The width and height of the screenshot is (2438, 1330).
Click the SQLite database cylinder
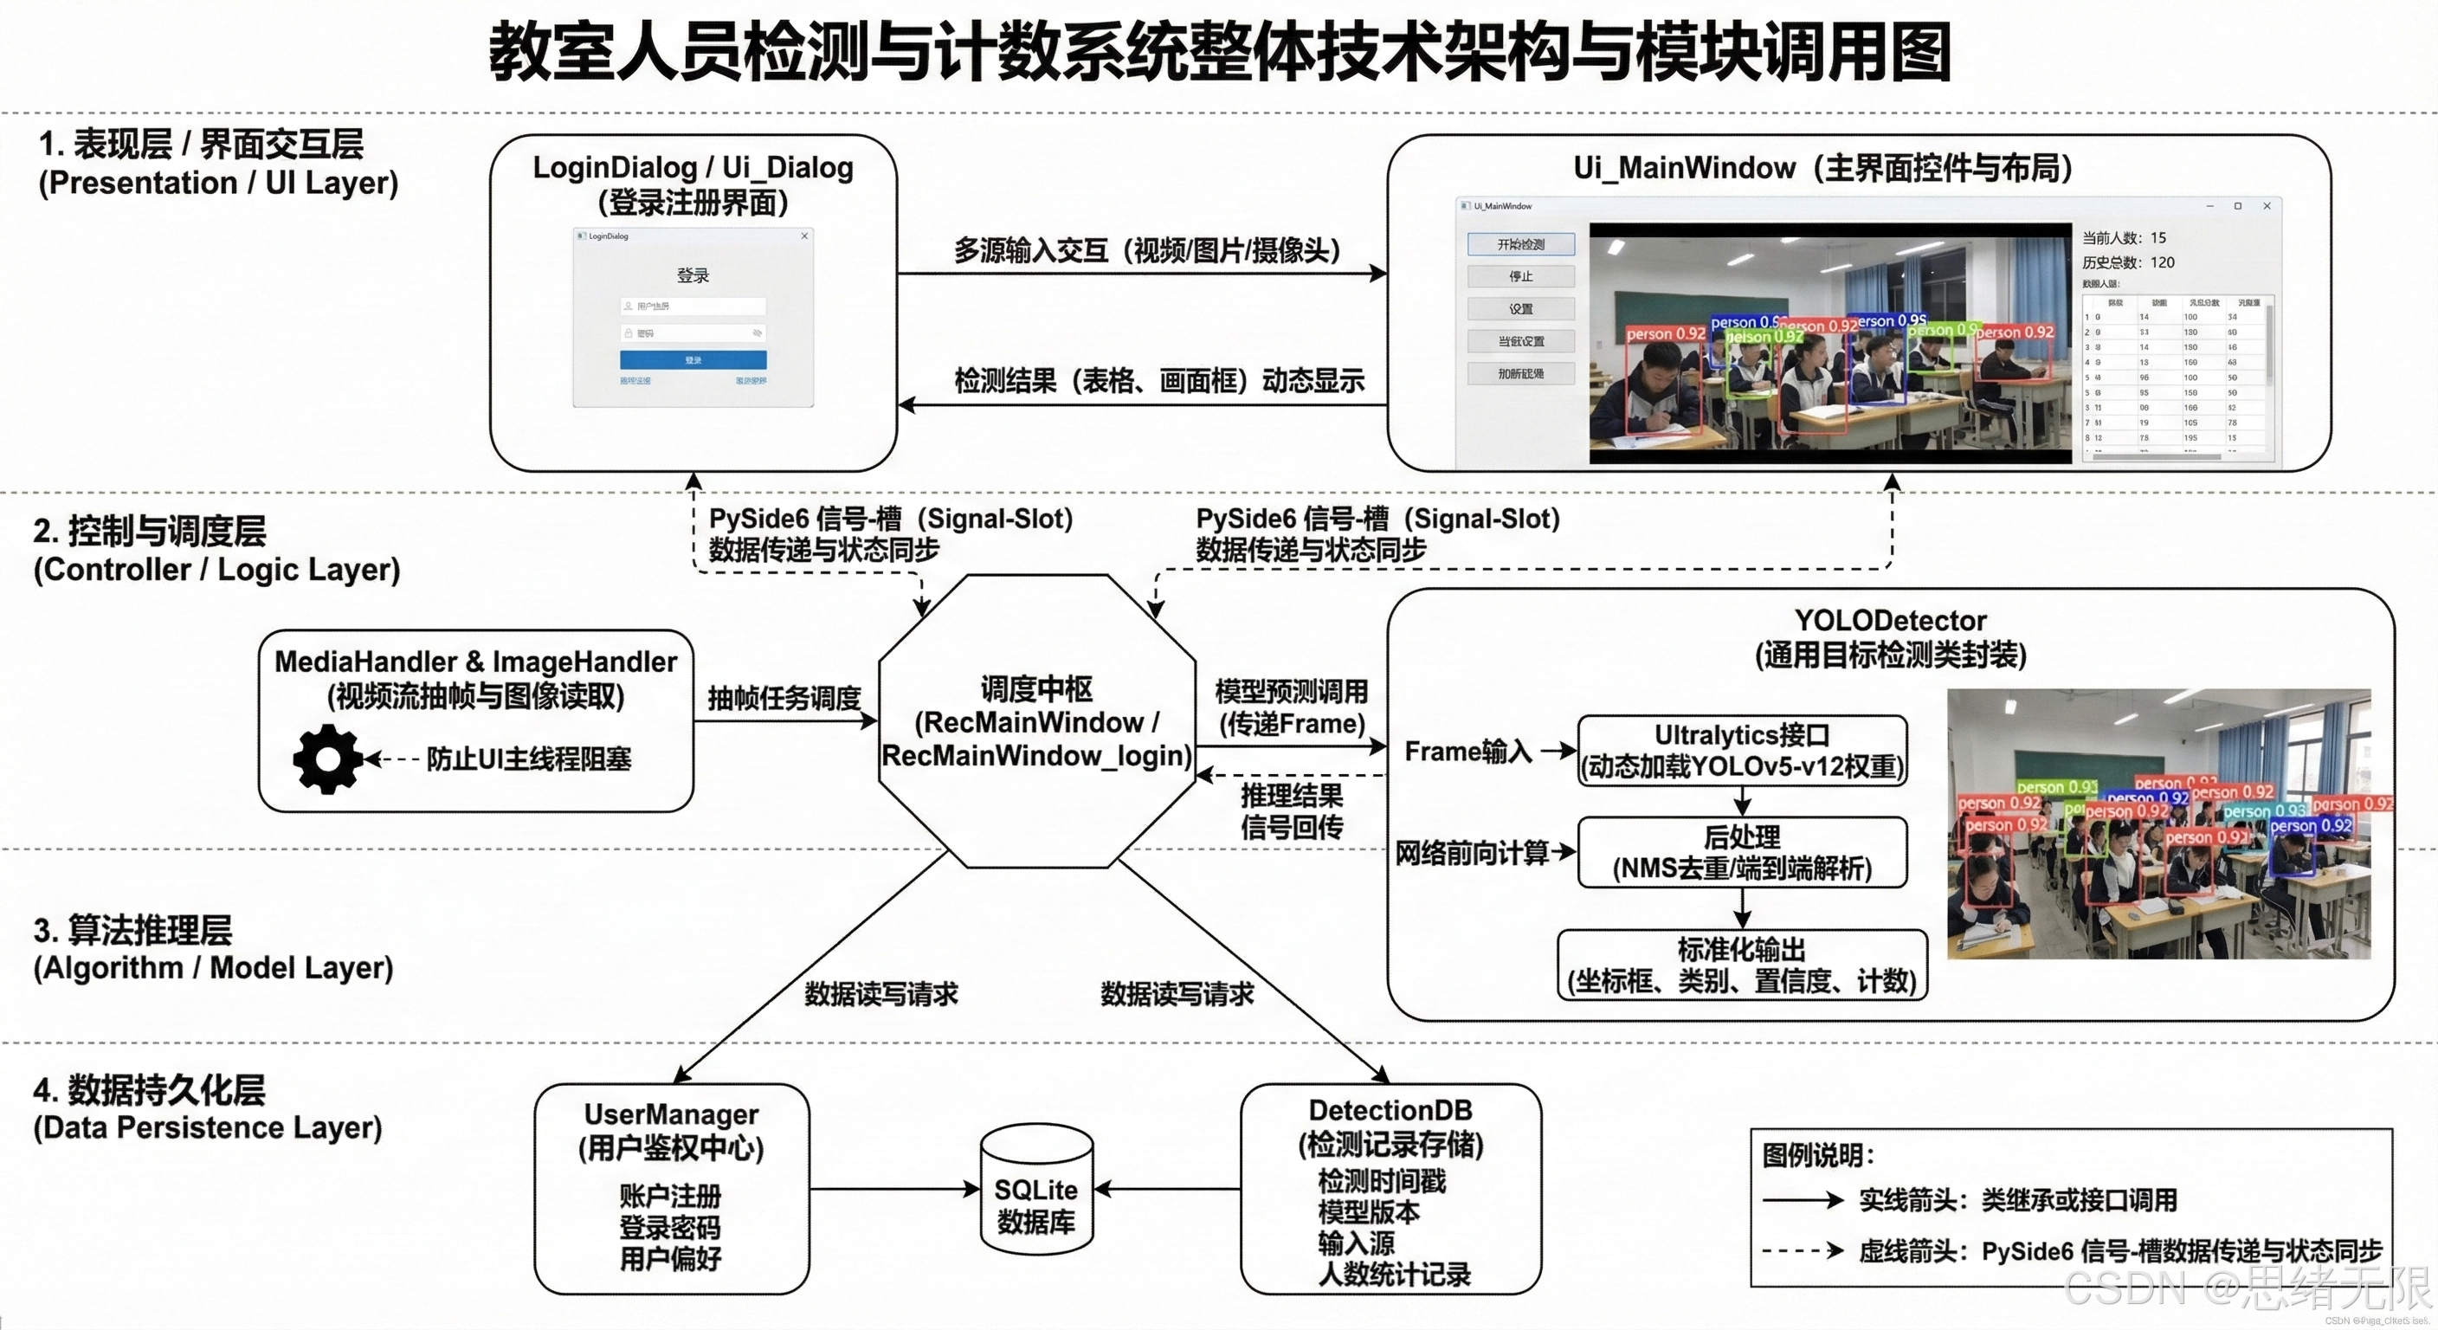pos(1036,1190)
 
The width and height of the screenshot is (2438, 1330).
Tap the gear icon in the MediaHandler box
pos(327,759)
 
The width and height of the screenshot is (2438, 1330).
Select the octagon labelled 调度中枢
pos(1036,721)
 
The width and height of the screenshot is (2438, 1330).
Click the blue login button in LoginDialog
pos(693,359)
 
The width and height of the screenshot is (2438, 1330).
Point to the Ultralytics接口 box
pos(1741,751)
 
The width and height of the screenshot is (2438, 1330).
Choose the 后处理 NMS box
pos(1741,852)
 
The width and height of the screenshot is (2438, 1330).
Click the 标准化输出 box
pos(1741,965)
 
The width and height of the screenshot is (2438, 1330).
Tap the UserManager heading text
pos(671,1114)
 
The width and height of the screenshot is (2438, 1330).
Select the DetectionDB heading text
pos(1390,1109)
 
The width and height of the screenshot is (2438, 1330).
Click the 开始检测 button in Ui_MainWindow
pos(1521,244)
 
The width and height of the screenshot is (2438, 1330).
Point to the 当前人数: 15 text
pos(2124,237)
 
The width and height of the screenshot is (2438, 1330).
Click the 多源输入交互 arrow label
pos(1147,251)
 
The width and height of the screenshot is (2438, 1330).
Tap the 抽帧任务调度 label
pos(784,699)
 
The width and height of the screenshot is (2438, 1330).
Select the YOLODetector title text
pos(1890,621)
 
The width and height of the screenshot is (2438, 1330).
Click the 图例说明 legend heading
pos(1817,1156)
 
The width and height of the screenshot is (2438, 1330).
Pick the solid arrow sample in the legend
pos(1802,1200)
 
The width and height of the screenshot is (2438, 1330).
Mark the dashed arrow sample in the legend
pos(1802,1250)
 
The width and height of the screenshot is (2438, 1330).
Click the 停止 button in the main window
pos(1521,276)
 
